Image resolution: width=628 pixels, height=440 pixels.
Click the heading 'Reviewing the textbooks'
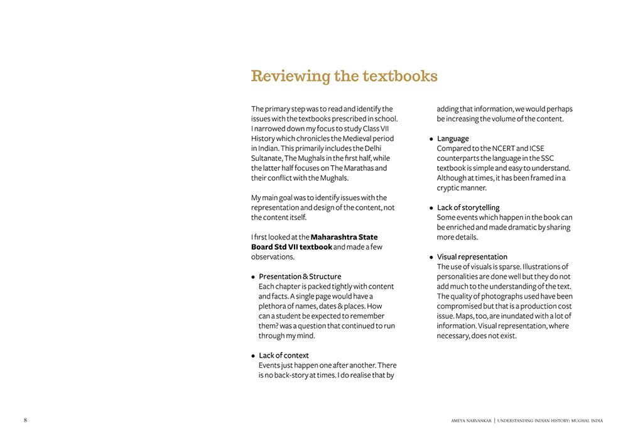(344, 76)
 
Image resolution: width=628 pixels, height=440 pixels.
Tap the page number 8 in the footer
(25, 420)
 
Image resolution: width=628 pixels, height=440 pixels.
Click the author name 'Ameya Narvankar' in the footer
(471, 421)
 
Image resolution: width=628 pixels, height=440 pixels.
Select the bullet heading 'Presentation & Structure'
(300, 277)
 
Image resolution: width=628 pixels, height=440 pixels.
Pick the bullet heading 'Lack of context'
(283, 355)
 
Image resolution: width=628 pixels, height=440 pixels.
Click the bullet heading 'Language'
(453, 138)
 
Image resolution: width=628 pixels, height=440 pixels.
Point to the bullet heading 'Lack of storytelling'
(468, 207)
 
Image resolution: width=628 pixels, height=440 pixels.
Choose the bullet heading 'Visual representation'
(472, 256)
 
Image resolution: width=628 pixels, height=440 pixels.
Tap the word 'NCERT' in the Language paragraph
(504, 148)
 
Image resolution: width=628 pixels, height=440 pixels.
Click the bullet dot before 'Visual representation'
(431, 257)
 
